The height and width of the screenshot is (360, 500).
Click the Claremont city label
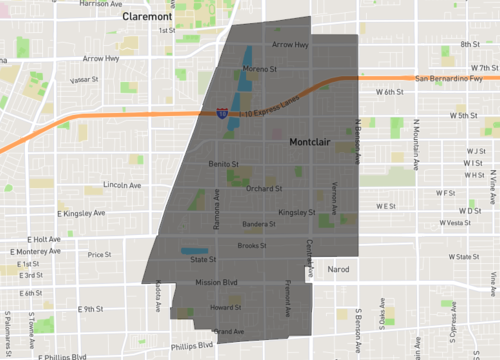click(145, 18)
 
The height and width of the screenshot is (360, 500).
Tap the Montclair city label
click(316, 143)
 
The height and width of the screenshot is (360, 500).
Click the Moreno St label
click(259, 69)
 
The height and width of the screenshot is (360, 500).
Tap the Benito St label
click(224, 162)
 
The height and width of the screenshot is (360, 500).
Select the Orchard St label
click(265, 187)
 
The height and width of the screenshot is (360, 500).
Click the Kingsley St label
click(297, 212)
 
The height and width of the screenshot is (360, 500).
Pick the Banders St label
click(257, 224)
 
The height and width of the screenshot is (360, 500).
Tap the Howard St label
click(226, 308)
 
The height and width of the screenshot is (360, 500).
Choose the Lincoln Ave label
click(122, 185)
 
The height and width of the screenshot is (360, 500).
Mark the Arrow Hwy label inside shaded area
click(290, 45)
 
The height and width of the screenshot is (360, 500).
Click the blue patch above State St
click(194, 249)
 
